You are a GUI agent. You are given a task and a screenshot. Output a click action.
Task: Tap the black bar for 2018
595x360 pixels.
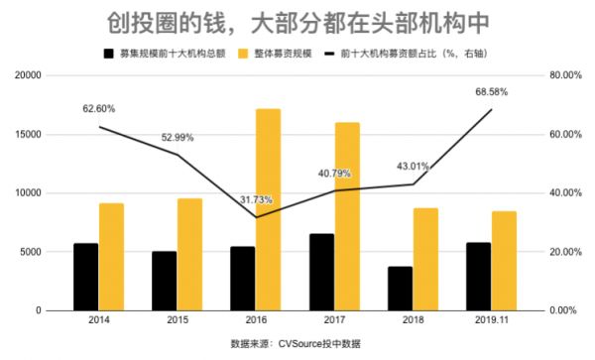point(400,288)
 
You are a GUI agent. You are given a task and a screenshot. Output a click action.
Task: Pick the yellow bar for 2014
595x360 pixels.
point(112,257)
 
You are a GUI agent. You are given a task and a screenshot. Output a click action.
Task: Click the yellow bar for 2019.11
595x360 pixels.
point(504,261)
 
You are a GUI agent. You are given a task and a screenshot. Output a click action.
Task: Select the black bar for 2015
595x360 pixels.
point(164,281)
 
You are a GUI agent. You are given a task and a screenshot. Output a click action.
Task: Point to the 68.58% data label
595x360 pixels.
point(492,91)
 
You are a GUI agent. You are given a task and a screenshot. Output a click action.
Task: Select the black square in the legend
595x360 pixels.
point(108,51)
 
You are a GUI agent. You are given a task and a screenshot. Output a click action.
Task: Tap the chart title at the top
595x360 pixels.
point(297,20)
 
